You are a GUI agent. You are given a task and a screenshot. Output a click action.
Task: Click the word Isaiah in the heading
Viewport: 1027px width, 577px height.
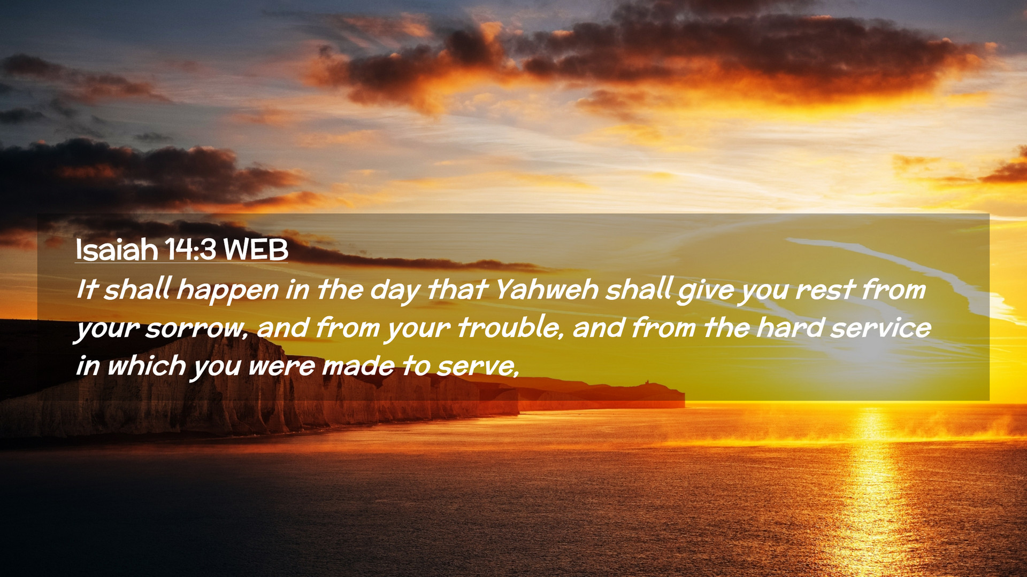(x=117, y=249)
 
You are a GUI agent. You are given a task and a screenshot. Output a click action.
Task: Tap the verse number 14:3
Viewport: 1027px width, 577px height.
(x=190, y=249)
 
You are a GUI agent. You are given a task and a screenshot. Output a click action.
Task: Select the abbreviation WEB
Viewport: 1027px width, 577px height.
(x=256, y=249)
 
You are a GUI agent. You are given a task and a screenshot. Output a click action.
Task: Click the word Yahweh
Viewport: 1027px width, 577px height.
(x=547, y=290)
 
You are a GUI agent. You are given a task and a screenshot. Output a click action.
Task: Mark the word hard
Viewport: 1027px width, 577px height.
(x=790, y=328)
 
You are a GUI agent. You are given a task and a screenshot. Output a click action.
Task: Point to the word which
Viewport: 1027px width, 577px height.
(x=147, y=366)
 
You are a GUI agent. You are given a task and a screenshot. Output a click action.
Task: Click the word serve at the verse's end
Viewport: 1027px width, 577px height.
(x=476, y=367)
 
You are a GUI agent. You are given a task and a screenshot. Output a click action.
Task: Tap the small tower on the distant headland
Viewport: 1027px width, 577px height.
(x=646, y=381)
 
